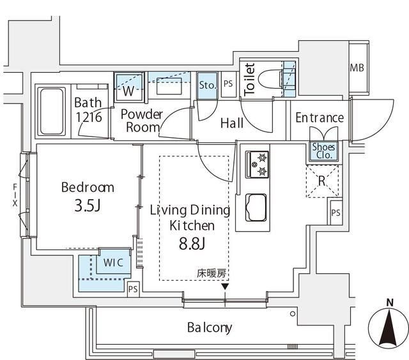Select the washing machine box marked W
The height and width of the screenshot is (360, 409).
[x=128, y=89]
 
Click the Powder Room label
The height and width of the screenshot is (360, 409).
[x=142, y=121]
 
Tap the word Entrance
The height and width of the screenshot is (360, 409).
[x=320, y=118]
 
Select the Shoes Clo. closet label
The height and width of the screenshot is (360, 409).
[x=322, y=151]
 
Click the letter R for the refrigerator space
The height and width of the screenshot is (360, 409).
[x=322, y=180]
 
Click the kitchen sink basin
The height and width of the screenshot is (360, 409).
[x=256, y=206]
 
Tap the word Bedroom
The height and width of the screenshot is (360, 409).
[x=88, y=188]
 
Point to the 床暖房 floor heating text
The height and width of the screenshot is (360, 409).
[x=212, y=274]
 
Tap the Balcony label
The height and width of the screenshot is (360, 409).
[x=209, y=328]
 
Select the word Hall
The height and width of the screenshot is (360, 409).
[x=231, y=123]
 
